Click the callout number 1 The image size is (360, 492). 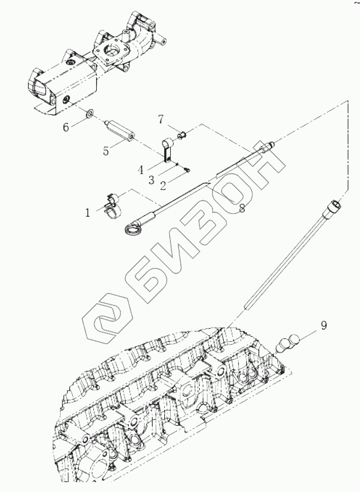click(88, 213)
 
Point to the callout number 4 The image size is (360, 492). click(140, 170)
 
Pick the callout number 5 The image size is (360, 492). click(105, 151)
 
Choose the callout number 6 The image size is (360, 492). click(66, 126)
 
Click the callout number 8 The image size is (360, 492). click(241, 207)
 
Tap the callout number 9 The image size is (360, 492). click(324, 324)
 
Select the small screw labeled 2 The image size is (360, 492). click(187, 170)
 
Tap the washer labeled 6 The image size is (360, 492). click(90, 113)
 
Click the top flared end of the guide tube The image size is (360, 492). click(334, 205)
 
